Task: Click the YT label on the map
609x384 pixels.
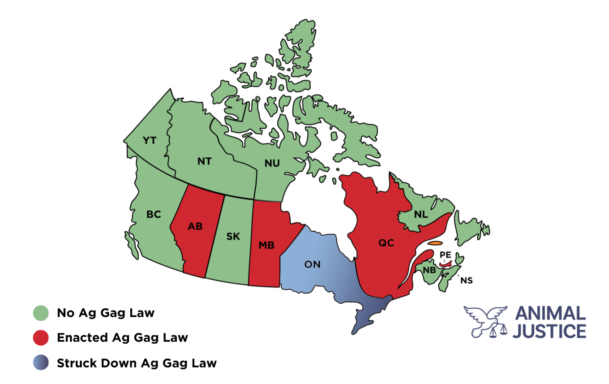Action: (149, 141)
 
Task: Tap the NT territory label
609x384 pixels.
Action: (204, 161)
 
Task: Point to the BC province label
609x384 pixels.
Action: (153, 215)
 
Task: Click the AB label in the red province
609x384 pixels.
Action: (195, 226)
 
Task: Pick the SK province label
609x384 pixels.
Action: (233, 237)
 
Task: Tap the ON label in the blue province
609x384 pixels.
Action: (312, 264)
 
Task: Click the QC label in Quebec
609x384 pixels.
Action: (386, 243)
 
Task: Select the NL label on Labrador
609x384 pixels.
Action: (421, 215)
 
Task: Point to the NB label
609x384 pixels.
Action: (429, 270)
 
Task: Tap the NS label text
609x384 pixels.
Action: (467, 281)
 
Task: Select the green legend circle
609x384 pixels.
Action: (41, 313)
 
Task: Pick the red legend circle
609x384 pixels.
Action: (41, 337)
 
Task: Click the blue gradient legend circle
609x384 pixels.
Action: (41, 362)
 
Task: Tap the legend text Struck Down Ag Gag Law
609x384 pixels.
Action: (137, 362)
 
